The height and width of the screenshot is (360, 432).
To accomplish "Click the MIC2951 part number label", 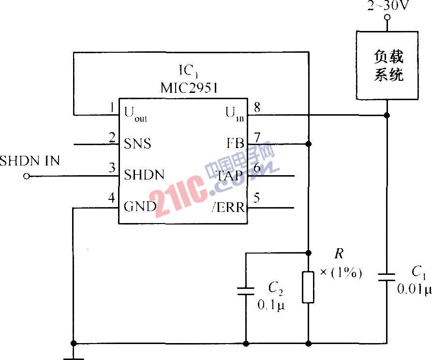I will [189, 88].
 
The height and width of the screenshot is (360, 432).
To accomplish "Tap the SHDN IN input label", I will [30, 161].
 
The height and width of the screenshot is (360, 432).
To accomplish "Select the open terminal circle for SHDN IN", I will [26, 177].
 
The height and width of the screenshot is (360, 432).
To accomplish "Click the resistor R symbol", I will [308, 287].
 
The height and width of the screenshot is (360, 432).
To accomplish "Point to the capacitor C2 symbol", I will [246, 291].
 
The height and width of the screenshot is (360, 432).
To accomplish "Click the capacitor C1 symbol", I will [387, 276].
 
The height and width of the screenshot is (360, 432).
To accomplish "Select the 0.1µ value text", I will [271, 305].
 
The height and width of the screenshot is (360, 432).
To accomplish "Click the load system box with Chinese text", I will [387, 65].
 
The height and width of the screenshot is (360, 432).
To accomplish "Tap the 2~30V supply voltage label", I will [387, 6].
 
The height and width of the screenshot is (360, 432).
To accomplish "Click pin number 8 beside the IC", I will [257, 107].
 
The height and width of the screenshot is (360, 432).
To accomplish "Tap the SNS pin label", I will [138, 144].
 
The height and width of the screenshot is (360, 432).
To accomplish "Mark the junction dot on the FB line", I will [309, 144].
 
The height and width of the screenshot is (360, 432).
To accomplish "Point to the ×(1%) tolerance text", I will [341, 273].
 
